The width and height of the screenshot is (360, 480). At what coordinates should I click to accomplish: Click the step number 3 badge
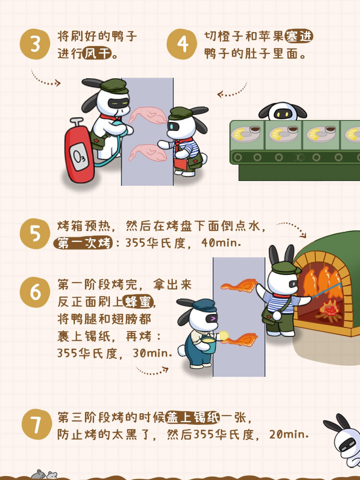pos(35,44)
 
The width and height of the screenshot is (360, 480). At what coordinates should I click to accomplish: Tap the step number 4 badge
pos(182,44)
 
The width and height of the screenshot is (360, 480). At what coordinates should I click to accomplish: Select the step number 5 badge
pos(35,234)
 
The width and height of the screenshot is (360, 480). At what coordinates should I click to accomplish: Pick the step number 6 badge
pos(35,292)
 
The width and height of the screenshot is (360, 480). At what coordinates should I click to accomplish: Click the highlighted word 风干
pos(97,54)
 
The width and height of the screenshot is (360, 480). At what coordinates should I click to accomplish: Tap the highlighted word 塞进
pos(299,36)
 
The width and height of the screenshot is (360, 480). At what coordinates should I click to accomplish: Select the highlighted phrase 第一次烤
pos(83,243)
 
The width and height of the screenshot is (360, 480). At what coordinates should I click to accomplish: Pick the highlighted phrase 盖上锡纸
pos(193,418)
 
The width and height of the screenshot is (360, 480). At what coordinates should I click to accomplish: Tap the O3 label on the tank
pos(79,157)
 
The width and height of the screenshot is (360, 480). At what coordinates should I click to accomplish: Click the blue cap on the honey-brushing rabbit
pos(203,305)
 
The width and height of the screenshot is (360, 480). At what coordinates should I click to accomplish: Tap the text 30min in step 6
pos(152,354)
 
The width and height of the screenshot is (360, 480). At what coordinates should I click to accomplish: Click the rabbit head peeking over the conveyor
pos(283,111)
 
